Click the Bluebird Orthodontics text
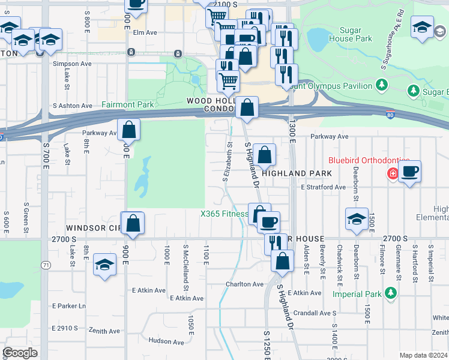tap(369, 161)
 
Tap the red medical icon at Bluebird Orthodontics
tap(393, 173)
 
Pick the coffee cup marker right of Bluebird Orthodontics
tap(409, 172)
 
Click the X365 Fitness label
tap(224, 214)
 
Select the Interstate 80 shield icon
tap(390, 115)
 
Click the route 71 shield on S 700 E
tap(46, 265)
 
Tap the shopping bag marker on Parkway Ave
tap(129, 129)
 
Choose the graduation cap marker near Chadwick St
tap(357, 220)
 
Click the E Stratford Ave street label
tap(324, 187)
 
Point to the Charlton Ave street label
tap(244, 284)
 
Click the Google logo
tap(20, 353)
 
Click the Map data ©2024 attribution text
tap(423, 355)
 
